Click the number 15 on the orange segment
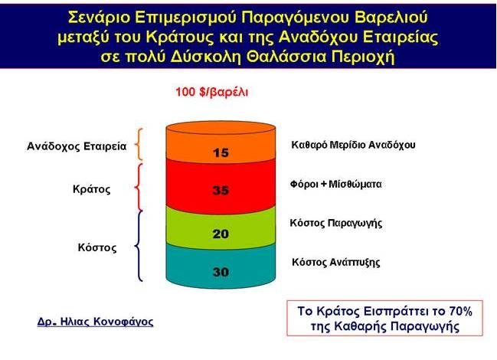click(221, 152)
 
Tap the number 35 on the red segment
click(221, 191)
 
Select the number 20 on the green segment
click(221, 234)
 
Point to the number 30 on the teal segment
click(221, 272)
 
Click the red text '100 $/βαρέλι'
click(211, 92)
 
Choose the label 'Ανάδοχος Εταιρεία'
click(77, 146)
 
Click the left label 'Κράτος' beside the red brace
click(92, 189)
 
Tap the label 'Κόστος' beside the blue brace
click(97, 247)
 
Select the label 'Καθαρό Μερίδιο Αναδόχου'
click(353, 145)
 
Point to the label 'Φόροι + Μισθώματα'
click(335, 184)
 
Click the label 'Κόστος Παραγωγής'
click(335, 224)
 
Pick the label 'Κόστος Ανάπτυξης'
click(335, 263)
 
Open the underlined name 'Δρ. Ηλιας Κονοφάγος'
click(95, 322)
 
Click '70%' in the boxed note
click(460, 311)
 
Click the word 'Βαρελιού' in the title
click(391, 18)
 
